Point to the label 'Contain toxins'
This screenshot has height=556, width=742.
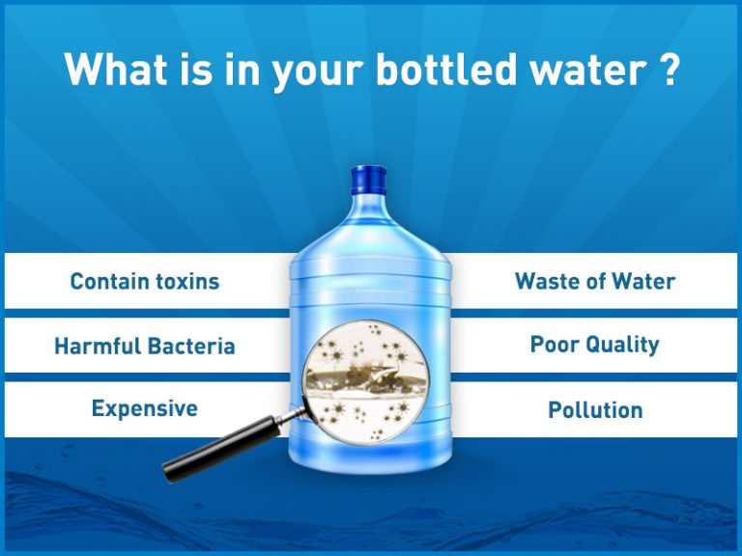tap(145, 282)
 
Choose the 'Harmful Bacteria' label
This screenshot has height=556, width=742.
tap(145, 346)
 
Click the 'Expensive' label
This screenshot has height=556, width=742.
tap(145, 408)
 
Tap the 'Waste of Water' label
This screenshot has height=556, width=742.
tap(595, 282)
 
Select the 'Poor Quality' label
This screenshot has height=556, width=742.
tap(595, 345)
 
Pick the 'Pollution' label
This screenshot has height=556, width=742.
tap(595, 409)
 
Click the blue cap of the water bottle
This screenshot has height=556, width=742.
tap(368, 180)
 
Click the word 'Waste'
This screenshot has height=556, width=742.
tap(547, 282)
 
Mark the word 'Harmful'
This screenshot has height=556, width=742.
tap(97, 346)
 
